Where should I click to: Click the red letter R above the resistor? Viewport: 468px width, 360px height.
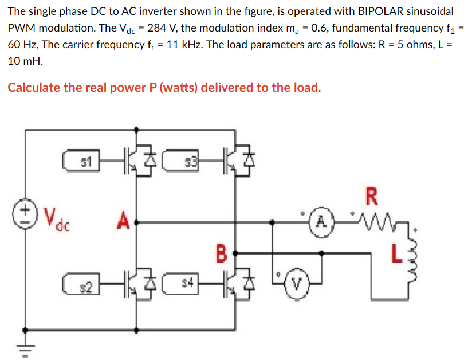(372, 196)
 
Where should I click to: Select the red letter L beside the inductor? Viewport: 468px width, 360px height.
(395, 253)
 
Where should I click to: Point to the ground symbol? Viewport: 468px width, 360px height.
(24, 342)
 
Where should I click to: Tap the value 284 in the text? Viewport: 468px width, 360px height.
(158, 28)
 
